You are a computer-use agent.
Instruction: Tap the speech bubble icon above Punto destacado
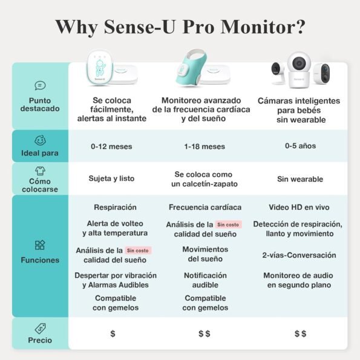(40, 86)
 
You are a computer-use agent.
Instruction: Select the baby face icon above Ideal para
(40, 140)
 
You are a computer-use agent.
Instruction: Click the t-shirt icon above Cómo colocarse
(40, 171)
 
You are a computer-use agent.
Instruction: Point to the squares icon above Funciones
(40, 245)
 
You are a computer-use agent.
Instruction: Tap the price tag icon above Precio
(40, 329)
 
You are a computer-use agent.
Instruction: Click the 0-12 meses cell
(111, 146)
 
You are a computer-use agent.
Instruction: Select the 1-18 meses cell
(205, 146)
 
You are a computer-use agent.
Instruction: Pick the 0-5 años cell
(300, 146)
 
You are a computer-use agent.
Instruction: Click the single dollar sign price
(113, 333)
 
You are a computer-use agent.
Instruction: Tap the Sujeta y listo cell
(111, 178)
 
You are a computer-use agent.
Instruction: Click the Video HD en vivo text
(299, 208)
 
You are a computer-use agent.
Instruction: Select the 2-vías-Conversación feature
(299, 255)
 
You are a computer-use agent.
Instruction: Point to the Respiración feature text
(115, 208)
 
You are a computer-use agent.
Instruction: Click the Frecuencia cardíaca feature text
(205, 208)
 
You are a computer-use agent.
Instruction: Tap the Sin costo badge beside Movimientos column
(228, 224)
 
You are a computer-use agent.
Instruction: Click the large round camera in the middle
(299, 70)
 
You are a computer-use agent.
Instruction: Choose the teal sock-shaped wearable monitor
(190, 68)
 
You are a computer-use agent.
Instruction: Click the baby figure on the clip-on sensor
(100, 68)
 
